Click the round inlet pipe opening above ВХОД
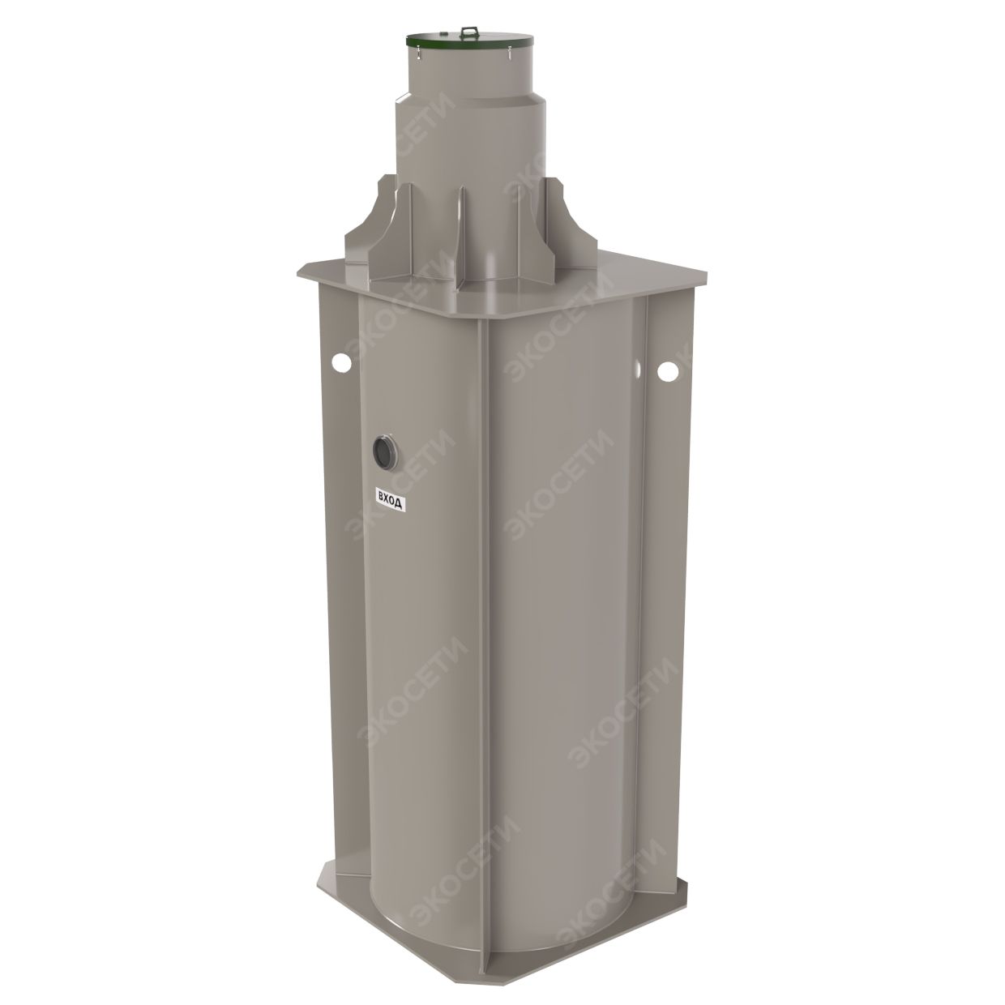pyautogui.click(x=385, y=452)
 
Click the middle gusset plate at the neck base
pyautogui.click(x=462, y=236)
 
